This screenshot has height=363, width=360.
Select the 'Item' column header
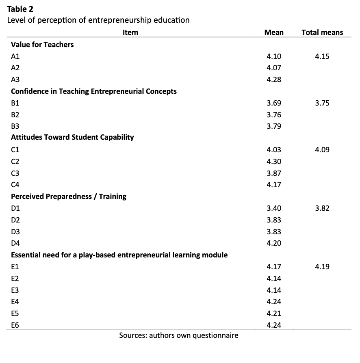coord(130,32)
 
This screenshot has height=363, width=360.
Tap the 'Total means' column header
coord(322,32)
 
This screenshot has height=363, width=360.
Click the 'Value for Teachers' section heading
coord(42,45)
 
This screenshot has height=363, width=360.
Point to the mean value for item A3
coord(274,80)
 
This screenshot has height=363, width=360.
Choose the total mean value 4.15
coord(322,56)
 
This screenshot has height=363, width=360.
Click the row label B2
coord(15,115)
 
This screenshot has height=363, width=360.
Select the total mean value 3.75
coord(322,103)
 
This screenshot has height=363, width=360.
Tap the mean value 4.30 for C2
coord(274,162)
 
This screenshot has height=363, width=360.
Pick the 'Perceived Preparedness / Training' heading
coord(69,197)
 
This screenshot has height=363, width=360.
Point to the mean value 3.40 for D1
coord(274,208)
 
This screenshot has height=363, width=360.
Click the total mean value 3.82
coord(322,208)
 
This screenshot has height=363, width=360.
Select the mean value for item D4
coord(274,244)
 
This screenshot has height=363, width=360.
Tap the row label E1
coord(15,267)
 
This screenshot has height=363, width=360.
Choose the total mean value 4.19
coord(322,267)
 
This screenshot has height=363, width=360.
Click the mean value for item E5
coord(274,313)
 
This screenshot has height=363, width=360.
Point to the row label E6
coord(15,325)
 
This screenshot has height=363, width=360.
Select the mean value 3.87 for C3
coord(274,173)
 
